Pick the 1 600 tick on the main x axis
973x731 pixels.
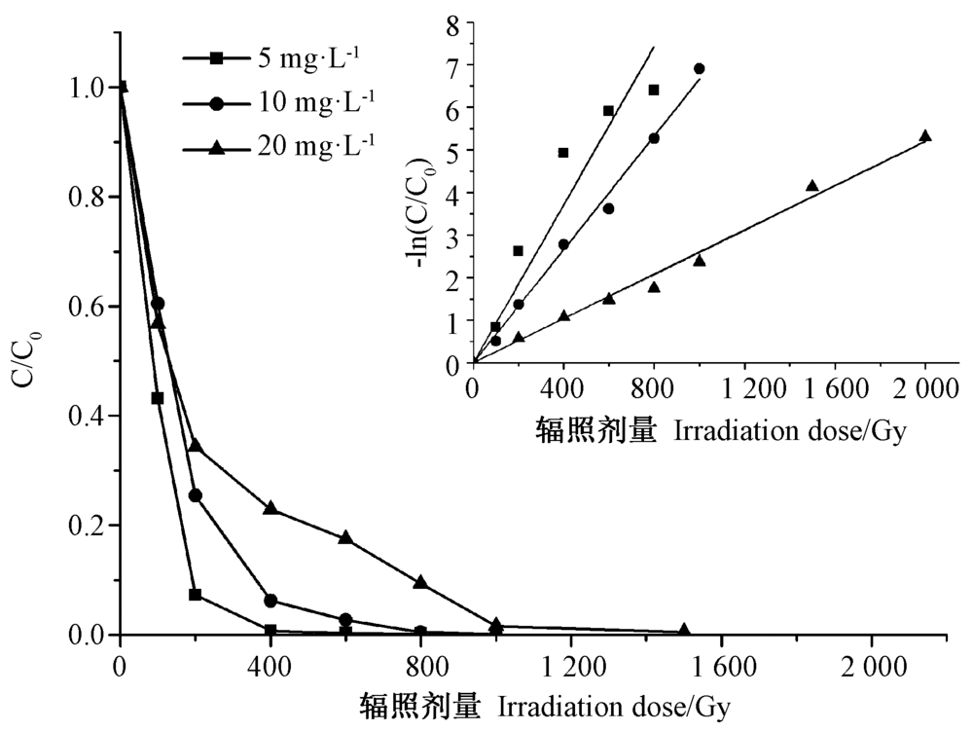720,665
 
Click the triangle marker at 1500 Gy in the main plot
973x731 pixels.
684,630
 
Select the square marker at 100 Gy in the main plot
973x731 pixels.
157,398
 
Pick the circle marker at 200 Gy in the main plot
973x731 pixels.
195,495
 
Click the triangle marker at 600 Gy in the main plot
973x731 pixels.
345,537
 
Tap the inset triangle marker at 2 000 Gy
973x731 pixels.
925,136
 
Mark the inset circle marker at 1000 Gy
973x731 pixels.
699,68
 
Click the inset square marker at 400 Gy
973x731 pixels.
563,153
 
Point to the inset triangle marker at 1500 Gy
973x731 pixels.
812,186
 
